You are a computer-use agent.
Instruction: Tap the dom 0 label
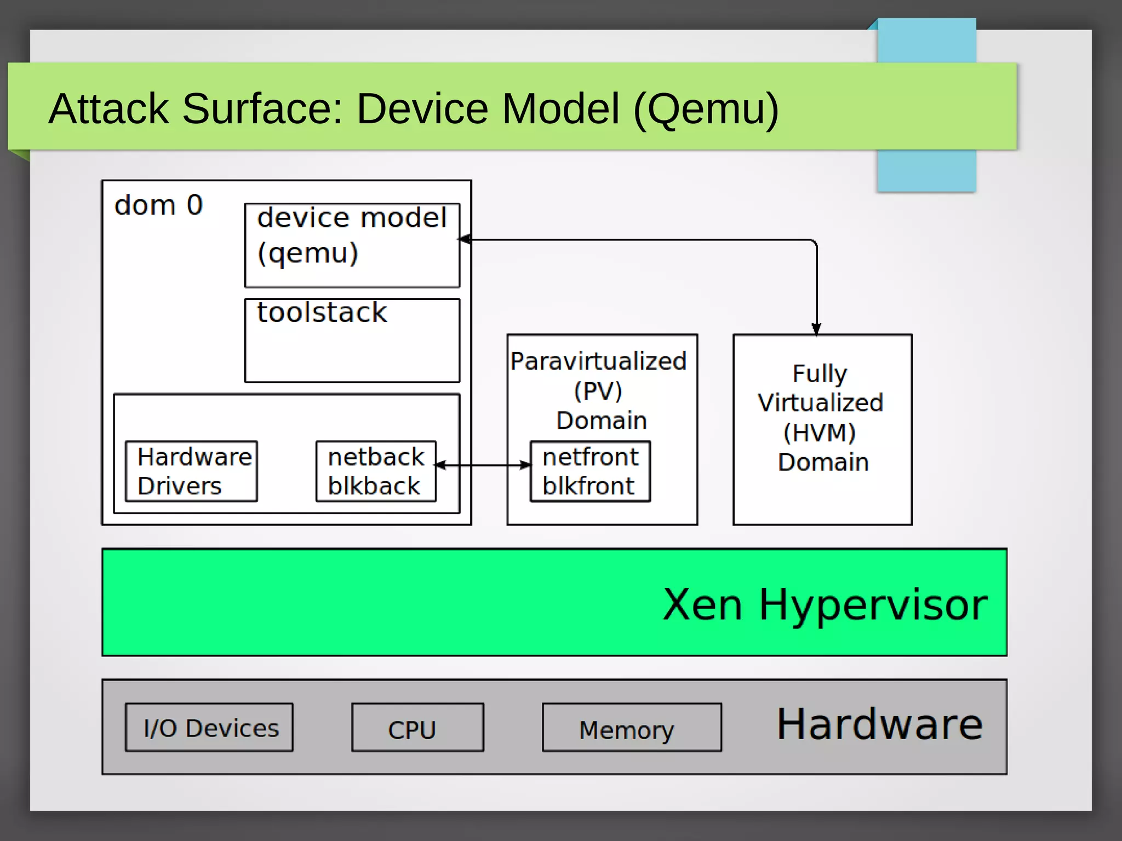click(x=158, y=205)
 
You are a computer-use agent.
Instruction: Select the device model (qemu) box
click(x=352, y=245)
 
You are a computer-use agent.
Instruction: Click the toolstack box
click(x=352, y=340)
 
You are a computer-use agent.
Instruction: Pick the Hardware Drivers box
click(x=191, y=471)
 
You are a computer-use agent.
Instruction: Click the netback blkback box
click(x=376, y=471)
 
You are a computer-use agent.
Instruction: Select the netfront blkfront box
click(x=590, y=471)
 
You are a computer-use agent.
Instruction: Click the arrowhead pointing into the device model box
click(x=465, y=239)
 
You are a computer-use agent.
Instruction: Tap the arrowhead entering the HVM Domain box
click(x=816, y=329)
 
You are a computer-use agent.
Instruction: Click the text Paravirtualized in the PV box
click(x=598, y=361)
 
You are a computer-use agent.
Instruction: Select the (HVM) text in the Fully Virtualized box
click(x=819, y=433)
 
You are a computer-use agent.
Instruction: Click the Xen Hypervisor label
click(x=825, y=604)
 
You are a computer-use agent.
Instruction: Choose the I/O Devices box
click(x=209, y=728)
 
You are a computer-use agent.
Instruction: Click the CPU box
click(x=417, y=728)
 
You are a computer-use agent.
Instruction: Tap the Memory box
click(x=632, y=728)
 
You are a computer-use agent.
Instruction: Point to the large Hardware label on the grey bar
click(x=879, y=724)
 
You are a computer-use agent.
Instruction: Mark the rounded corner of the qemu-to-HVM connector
click(x=814, y=242)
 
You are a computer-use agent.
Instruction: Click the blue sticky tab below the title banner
click(x=926, y=170)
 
